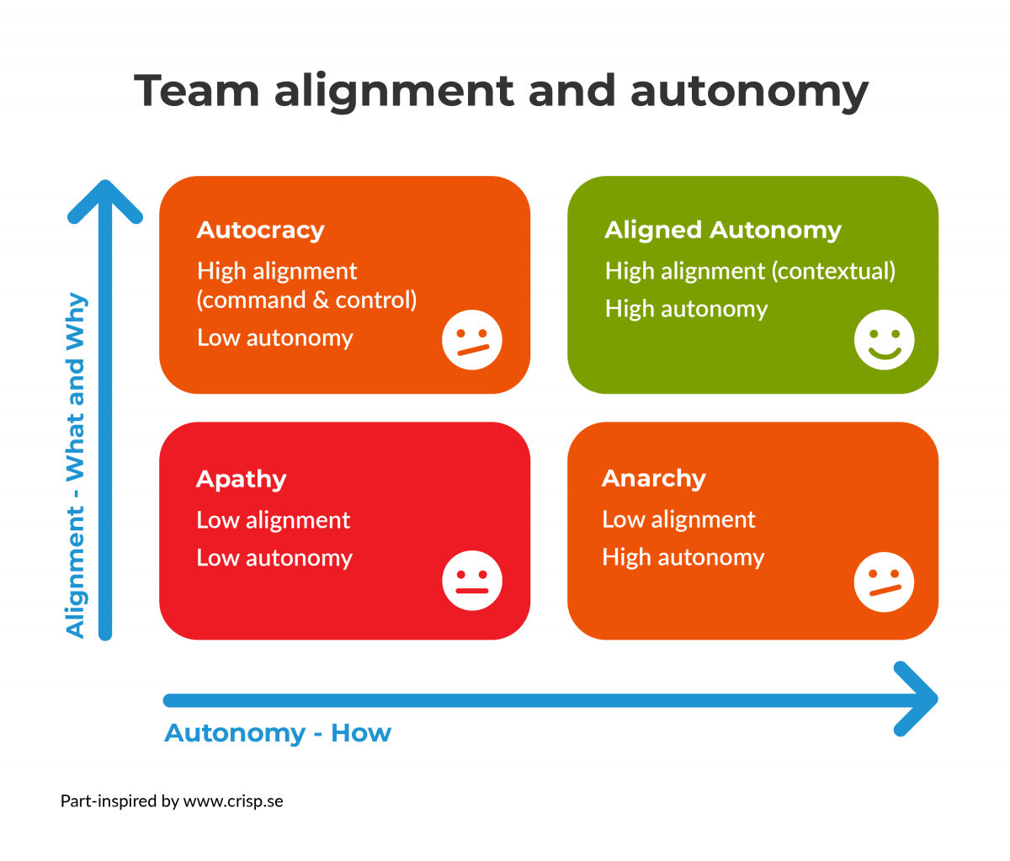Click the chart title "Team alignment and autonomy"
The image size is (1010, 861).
click(x=501, y=90)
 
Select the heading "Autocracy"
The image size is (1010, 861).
click(x=260, y=230)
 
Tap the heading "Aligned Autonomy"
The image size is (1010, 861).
click(x=722, y=230)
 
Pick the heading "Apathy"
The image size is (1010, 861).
click(x=241, y=479)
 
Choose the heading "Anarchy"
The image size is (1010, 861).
click(x=653, y=478)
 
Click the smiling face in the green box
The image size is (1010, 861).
click(x=884, y=340)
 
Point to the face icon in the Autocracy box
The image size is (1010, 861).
click(x=472, y=340)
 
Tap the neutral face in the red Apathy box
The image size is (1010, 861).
click(x=472, y=581)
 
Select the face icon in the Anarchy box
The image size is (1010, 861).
click(x=884, y=582)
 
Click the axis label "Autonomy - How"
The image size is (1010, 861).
click(x=278, y=733)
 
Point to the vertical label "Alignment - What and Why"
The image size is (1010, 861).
click(x=76, y=465)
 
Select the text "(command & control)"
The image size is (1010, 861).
click(x=306, y=300)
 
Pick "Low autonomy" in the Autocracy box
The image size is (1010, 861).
click(x=274, y=337)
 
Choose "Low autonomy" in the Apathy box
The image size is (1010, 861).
click(x=274, y=558)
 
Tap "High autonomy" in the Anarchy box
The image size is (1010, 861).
click(x=683, y=557)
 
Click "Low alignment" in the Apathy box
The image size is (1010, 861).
click(x=273, y=520)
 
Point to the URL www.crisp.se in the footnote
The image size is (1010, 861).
click(x=233, y=800)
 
